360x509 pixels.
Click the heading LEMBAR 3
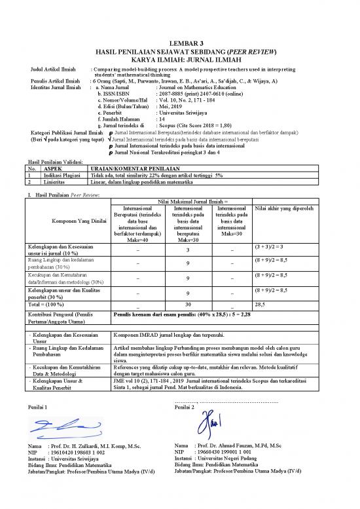pyautogui.click(x=179, y=42)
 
